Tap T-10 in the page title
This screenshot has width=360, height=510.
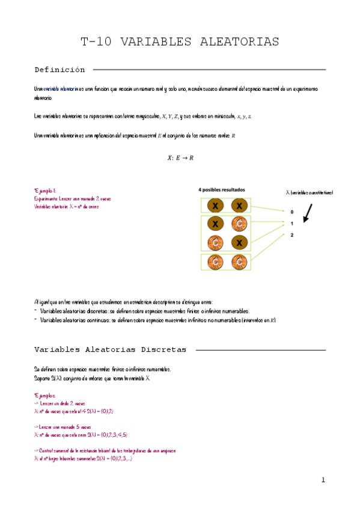(97, 41)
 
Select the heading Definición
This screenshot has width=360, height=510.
(59, 70)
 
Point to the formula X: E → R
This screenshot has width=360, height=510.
(180, 158)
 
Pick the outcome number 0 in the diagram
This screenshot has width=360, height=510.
(292, 212)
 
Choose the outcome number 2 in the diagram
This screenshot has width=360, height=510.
(292, 235)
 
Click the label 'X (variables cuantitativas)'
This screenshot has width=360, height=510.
(309, 192)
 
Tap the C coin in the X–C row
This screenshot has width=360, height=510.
(239, 224)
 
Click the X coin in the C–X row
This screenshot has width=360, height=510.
(239, 243)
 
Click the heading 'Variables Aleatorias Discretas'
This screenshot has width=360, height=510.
(110, 349)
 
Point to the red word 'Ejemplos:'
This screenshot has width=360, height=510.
(46, 396)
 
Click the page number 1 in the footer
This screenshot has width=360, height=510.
(323, 480)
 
